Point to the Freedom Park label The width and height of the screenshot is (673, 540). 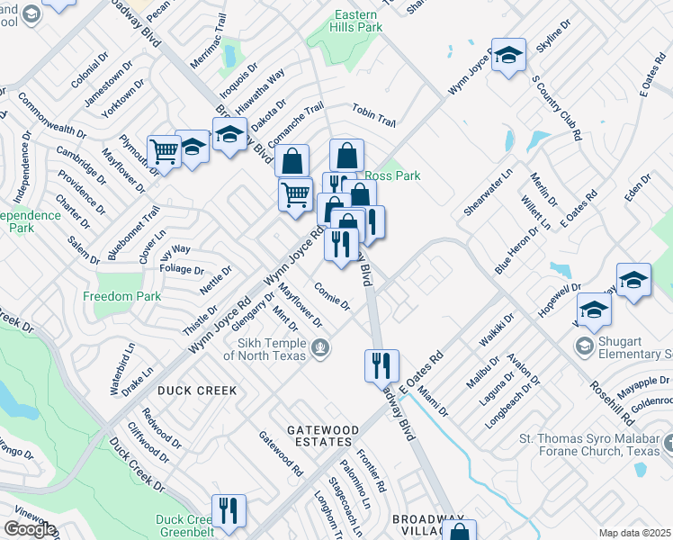(121, 296)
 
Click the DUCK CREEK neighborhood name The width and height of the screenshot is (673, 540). (197, 391)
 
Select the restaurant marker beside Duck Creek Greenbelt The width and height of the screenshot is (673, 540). (229, 510)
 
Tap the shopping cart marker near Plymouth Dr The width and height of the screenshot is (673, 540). (165, 150)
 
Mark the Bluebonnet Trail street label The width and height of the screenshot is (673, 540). (121, 232)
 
